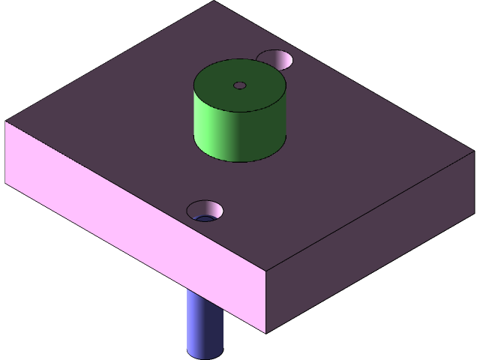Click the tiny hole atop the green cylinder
239,85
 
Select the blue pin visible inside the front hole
203,218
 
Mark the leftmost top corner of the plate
6,121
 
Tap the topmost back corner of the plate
214,1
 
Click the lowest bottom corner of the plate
266,333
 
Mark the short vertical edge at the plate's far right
473,182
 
